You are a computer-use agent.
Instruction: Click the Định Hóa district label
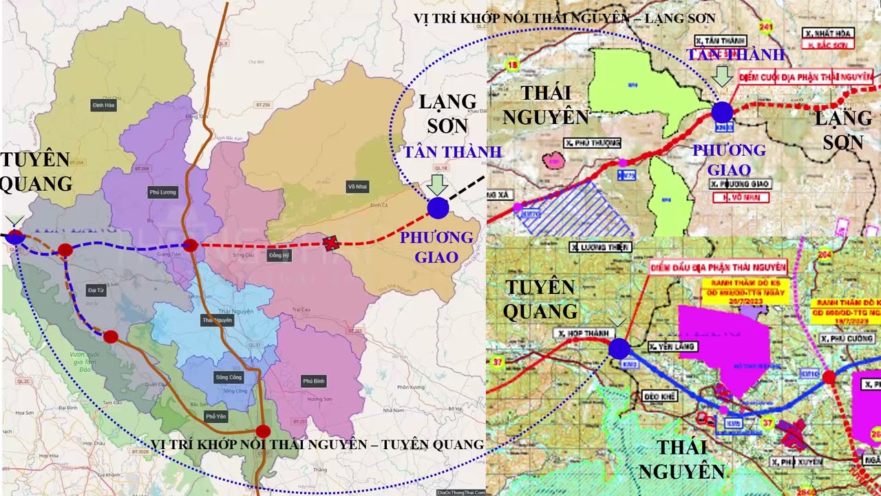tap(103, 105)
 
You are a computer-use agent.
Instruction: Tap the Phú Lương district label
tap(162, 192)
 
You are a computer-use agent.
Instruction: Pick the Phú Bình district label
tap(314, 381)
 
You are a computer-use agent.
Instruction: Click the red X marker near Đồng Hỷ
tap(332, 242)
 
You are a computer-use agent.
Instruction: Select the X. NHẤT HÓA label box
tap(829, 32)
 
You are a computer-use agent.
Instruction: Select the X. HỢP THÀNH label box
tap(582, 333)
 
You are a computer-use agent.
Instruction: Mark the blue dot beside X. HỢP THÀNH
tap(619, 349)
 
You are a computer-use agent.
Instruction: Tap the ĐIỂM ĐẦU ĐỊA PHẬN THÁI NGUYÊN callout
tap(718, 267)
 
